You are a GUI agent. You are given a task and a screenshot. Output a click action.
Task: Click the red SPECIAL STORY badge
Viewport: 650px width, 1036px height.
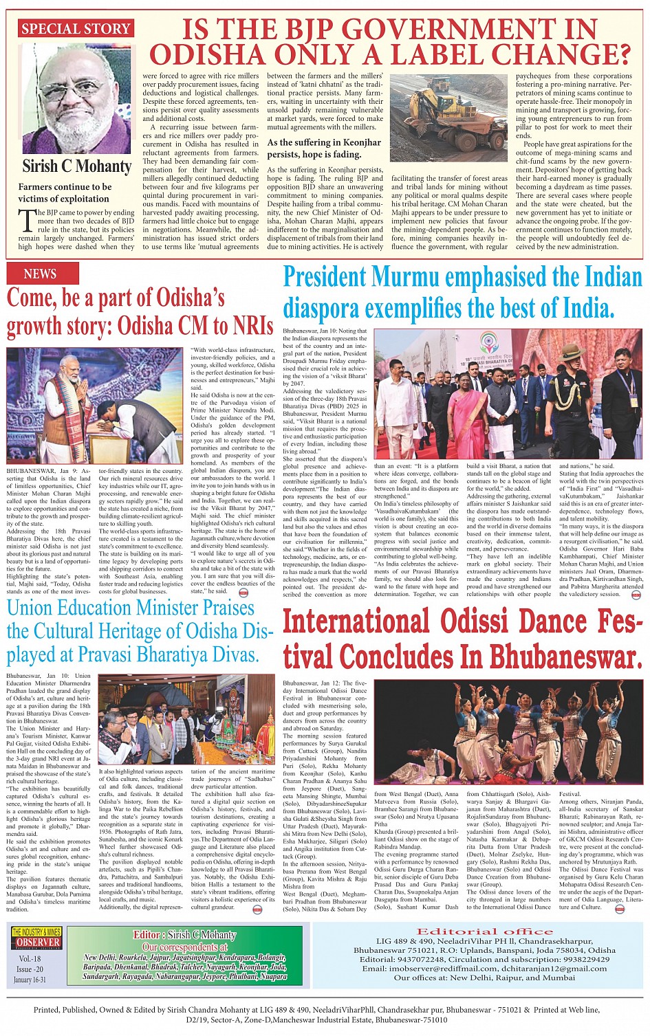(76, 29)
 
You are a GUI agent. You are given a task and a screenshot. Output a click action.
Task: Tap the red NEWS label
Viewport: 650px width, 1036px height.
(40, 274)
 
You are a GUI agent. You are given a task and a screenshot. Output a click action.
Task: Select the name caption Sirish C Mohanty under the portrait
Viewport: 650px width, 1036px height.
(76, 166)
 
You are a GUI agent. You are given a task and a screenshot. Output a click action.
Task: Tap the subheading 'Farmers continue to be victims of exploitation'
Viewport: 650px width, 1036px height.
(64, 192)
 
